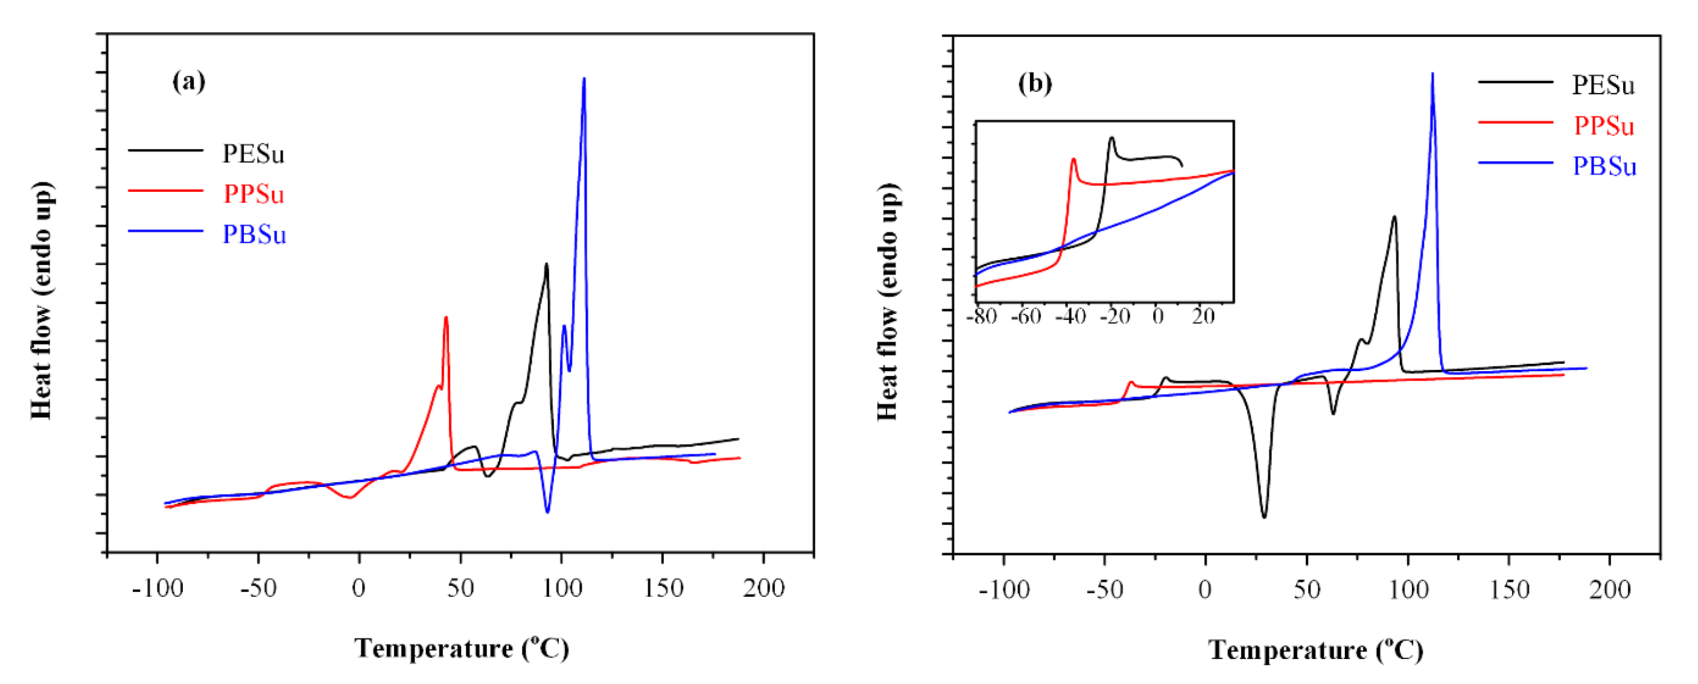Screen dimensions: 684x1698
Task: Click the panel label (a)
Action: (188, 82)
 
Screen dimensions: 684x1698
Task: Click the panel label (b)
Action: (1034, 84)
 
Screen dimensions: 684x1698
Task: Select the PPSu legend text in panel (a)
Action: (254, 194)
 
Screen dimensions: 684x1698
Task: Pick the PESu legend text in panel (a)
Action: (253, 154)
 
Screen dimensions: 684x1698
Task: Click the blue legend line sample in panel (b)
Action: (1515, 162)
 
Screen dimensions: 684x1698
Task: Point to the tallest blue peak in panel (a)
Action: (584, 80)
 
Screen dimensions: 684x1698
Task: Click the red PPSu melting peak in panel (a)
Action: (446, 319)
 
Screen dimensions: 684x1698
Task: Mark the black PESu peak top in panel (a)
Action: (547, 265)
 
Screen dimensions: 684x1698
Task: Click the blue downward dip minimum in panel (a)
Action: (547, 511)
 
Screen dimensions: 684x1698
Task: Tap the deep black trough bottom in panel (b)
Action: (1263, 516)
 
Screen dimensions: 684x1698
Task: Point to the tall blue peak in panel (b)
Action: (1431, 75)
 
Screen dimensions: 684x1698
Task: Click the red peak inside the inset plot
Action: (1074, 159)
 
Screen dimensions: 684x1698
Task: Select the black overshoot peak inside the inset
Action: (1111, 138)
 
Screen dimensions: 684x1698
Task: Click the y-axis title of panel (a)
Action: (41, 300)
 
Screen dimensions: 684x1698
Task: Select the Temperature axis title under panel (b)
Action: (1315, 650)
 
